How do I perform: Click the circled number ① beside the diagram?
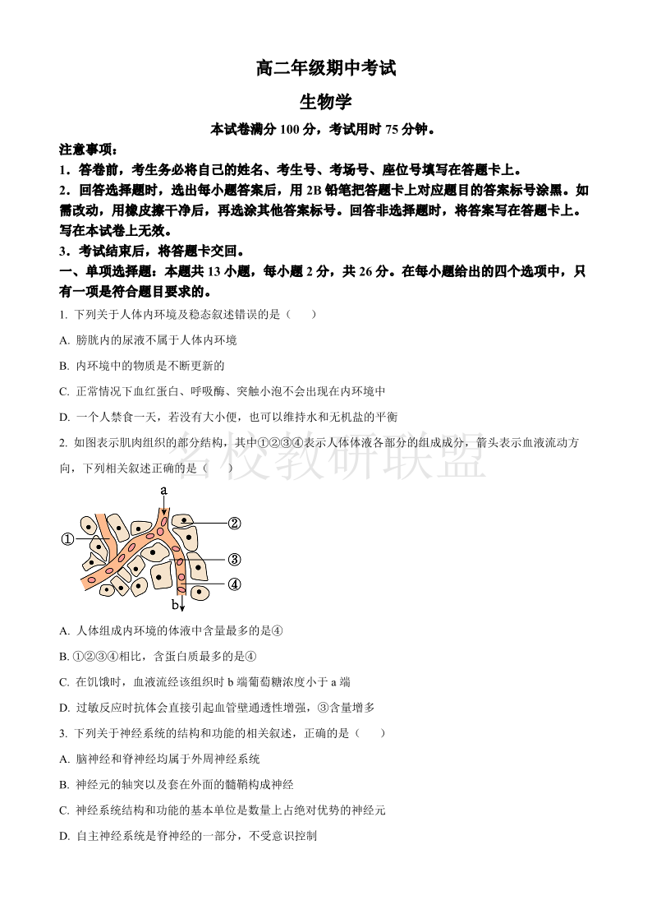coord(68,539)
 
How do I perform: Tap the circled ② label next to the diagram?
coord(234,523)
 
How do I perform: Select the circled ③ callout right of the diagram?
coord(234,560)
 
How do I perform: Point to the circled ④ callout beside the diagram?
coord(234,584)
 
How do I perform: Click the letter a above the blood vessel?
coord(164,491)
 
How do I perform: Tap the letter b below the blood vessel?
coord(174,605)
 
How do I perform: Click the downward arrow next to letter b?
coord(181,602)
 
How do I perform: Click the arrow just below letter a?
coord(164,507)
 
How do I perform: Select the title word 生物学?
coord(325,101)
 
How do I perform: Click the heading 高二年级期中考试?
coord(325,69)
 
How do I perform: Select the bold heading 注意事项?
coord(87,150)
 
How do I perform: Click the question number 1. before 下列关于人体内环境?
coord(63,314)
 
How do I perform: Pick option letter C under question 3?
coord(64,810)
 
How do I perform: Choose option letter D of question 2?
coord(64,708)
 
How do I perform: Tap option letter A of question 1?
coord(64,340)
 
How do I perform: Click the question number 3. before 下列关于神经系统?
coord(63,733)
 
